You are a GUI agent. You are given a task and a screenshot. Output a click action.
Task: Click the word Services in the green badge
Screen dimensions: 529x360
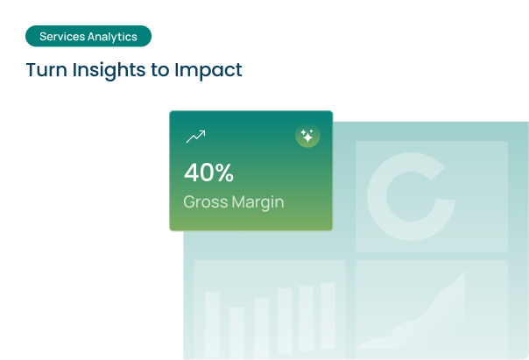click(x=62, y=37)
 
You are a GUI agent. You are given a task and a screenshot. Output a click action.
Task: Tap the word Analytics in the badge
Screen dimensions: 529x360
click(x=112, y=37)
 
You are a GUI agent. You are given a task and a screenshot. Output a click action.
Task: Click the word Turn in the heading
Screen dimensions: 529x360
click(x=46, y=70)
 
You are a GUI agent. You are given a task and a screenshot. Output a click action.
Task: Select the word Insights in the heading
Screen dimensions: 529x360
click(x=109, y=71)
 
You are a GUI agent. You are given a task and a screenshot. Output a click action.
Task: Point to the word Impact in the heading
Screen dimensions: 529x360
click(x=208, y=71)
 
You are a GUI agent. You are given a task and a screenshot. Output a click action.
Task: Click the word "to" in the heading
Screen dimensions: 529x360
click(x=160, y=70)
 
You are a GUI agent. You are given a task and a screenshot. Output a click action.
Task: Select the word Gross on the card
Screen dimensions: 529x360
click(x=206, y=201)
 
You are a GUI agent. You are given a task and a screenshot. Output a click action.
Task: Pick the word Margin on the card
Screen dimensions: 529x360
click(x=258, y=202)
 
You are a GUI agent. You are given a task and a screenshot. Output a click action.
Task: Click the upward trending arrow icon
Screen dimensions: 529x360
click(x=195, y=137)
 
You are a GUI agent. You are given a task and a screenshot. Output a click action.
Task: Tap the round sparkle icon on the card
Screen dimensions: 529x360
click(x=307, y=136)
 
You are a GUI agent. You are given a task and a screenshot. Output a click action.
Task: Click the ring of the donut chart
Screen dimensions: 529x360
click(x=377, y=196)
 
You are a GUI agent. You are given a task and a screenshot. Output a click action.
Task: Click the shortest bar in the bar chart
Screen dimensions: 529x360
click(x=236, y=333)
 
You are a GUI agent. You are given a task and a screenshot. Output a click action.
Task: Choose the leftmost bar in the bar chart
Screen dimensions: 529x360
click(x=212, y=325)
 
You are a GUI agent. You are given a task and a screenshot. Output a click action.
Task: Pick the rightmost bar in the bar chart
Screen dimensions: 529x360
click(x=328, y=315)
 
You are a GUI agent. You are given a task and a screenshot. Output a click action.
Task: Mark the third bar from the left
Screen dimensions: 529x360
click(x=262, y=328)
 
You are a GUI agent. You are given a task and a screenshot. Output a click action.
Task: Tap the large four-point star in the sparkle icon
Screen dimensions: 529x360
click(x=307, y=138)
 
